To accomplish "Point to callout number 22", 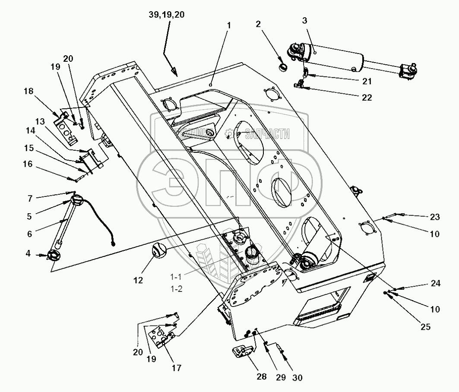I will [x=367, y=98].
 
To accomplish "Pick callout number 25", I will [x=425, y=327].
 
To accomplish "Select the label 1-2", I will [x=176, y=289].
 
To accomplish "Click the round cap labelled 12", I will [x=158, y=250].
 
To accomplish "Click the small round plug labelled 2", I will [x=283, y=68].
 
